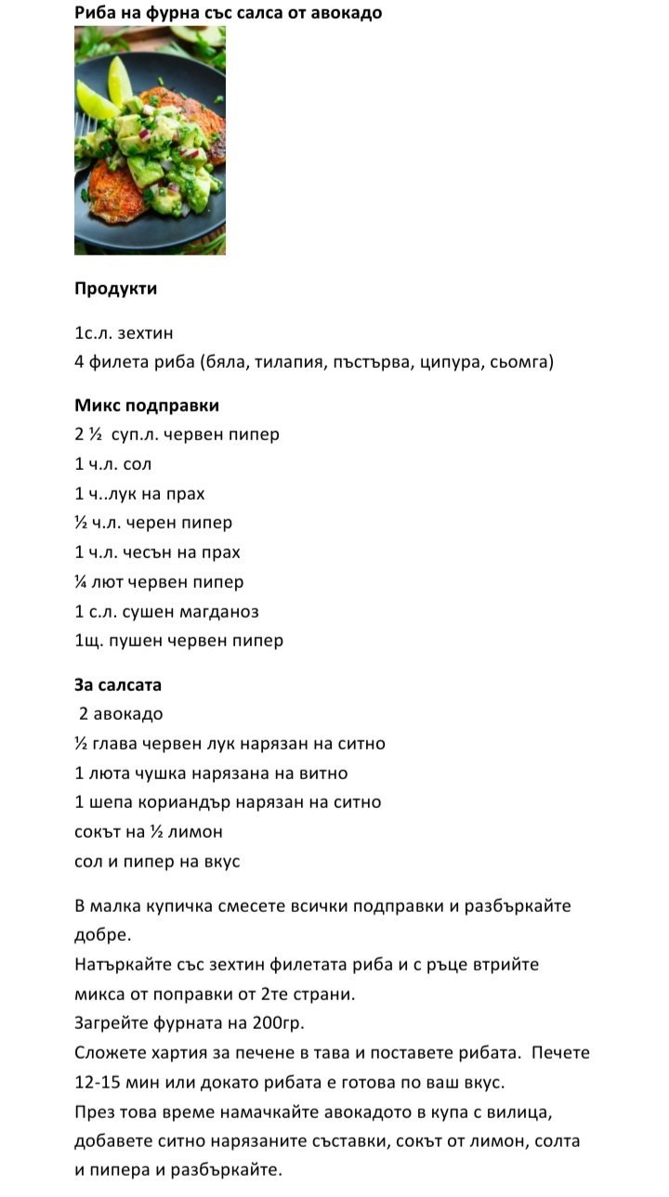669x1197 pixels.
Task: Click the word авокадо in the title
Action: pos(346,13)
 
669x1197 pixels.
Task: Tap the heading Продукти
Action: pos(115,289)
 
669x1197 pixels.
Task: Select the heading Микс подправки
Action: pos(147,406)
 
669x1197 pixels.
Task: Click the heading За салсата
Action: pos(118,685)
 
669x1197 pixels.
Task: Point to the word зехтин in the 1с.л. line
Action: pos(146,333)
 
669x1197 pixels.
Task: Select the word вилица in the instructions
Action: pos(497,1112)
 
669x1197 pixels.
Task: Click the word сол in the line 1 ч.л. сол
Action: pos(138,464)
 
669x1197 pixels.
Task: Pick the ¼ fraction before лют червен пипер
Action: pos(82,582)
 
